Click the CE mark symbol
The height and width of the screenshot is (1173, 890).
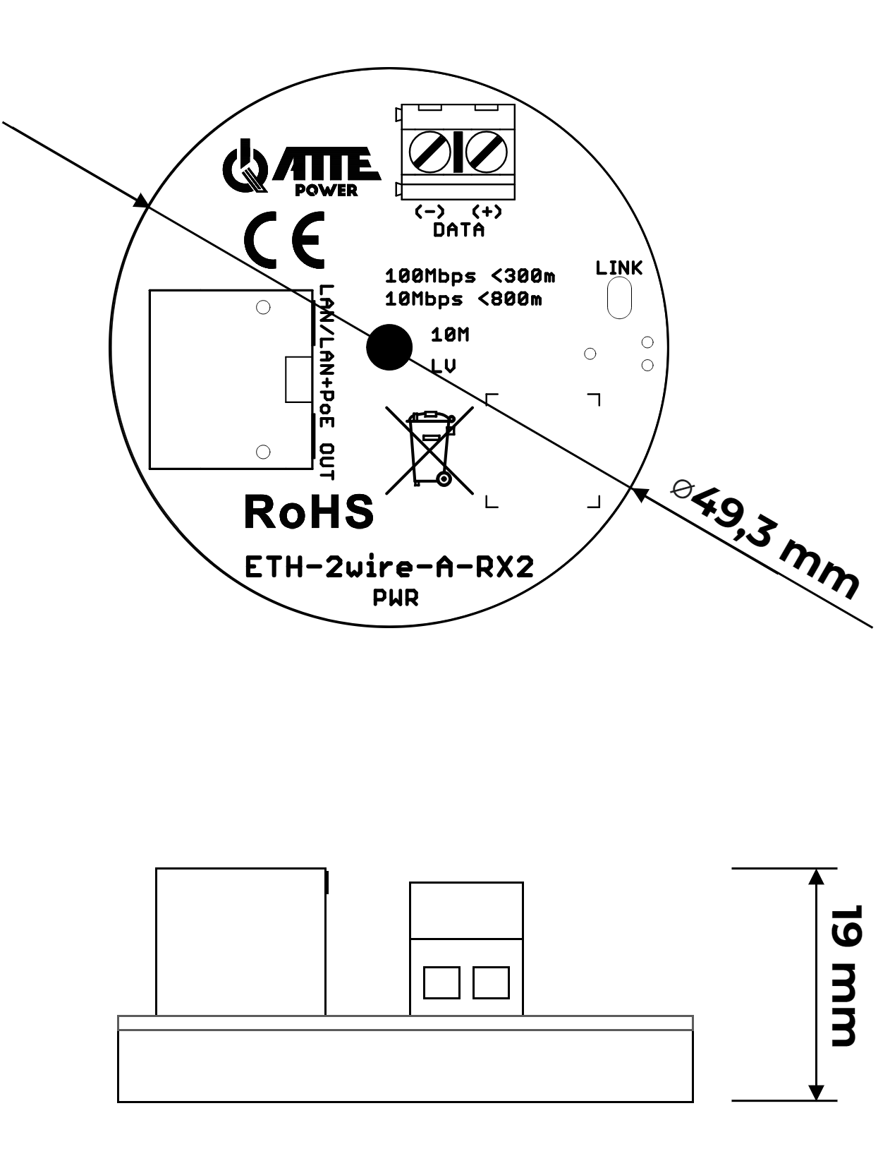click(284, 240)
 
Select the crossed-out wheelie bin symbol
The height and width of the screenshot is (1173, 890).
click(429, 450)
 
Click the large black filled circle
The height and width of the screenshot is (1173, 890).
click(389, 347)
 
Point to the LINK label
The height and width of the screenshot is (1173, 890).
click(618, 268)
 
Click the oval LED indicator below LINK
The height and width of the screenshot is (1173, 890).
click(619, 298)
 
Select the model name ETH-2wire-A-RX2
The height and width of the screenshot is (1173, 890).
click(389, 567)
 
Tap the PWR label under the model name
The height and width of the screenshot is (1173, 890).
click(396, 598)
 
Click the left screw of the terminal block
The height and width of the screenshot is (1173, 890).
click(430, 152)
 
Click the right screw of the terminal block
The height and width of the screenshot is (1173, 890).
click(487, 152)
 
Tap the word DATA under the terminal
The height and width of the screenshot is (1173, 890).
click(458, 230)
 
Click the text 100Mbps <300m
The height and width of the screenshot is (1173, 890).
click(470, 275)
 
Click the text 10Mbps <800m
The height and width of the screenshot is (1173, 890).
click(463, 299)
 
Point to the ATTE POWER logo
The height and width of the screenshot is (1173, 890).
click(301, 168)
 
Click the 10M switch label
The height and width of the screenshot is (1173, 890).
click(449, 335)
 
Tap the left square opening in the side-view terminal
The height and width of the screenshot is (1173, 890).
click(441, 982)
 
